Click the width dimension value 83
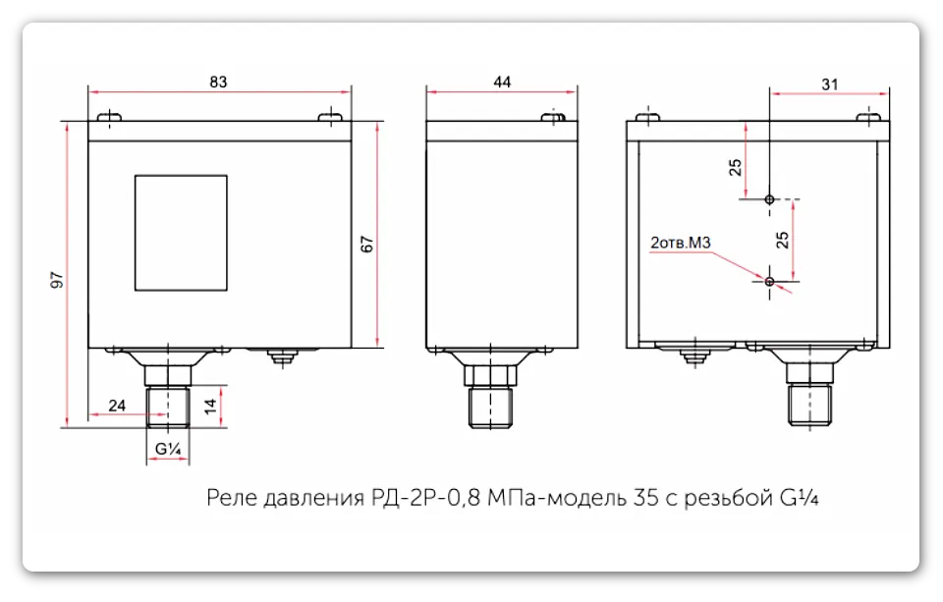[x=218, y=82]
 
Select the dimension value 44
[x=502, y=82]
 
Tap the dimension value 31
[x=830, y=84]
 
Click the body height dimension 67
[x=366, y=246]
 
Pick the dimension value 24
[x=117, y=405]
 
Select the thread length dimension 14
[x=208, y=407]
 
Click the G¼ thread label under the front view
[x=167, y=448]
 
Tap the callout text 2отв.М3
[x=680, y=242]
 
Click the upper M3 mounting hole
[x=769, y=199]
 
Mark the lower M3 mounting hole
[x=769, y=283]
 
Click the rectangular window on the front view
[x=181, y=233]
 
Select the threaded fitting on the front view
[x=167, y=406]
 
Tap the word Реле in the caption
[x=233, y=498]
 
